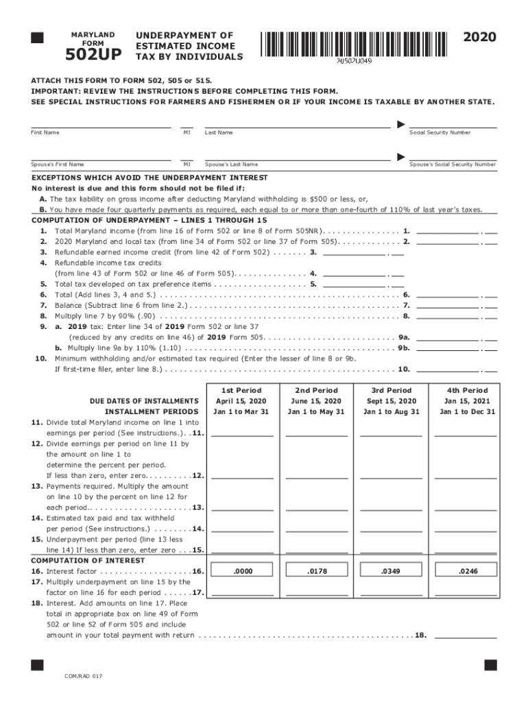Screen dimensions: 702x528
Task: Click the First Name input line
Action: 101,123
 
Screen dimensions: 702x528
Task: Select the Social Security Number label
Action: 440,132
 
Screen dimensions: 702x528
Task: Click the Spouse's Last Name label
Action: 231,165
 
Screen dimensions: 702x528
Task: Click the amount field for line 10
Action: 447,368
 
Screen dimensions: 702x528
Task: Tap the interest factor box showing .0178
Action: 317,570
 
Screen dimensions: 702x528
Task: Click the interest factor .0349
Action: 391,570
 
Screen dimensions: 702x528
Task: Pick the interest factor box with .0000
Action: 242,570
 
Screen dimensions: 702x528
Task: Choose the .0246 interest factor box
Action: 466,570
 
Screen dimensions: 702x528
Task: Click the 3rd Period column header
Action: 391,390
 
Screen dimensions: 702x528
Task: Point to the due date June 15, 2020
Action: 317,401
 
